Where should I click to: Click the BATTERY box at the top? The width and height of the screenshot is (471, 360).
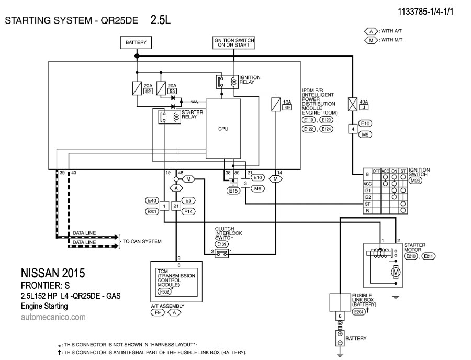click(x=136, y=42)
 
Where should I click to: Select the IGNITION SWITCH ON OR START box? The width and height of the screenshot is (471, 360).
click(x=234, y=42)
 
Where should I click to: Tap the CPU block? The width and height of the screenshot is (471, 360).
click(x=223, y=127)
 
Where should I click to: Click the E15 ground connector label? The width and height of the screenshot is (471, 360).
click(x=233, y=192)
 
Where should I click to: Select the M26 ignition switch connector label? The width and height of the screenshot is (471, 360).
click(x=415, y=181)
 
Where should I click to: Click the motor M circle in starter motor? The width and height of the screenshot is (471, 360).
click(x=396, y=272)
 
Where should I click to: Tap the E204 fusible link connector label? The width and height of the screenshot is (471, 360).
click(x=358, y=311)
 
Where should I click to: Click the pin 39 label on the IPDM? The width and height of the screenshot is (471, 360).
click(x=62, y=173)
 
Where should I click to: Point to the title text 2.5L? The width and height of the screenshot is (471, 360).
click(x=161, y=20)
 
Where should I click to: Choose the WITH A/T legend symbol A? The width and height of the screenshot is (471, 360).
click(x=371, y=31)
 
